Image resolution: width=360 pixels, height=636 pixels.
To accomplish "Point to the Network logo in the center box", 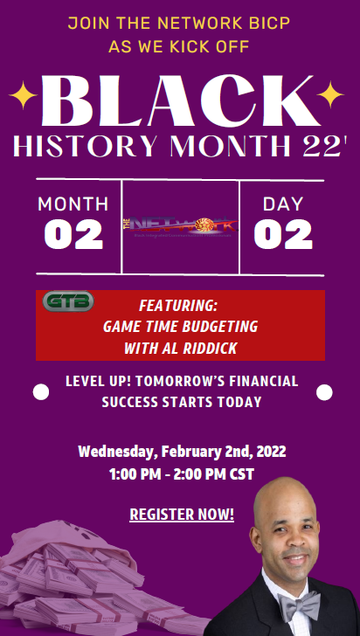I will click(x=180, y=226).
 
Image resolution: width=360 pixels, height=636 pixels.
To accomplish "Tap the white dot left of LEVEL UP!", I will click(x=41, y=392).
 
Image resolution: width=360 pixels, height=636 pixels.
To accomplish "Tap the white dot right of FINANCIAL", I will click(x=324, y=392).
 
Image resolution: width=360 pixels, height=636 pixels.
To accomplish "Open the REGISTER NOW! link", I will click(x=182, y=514).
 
